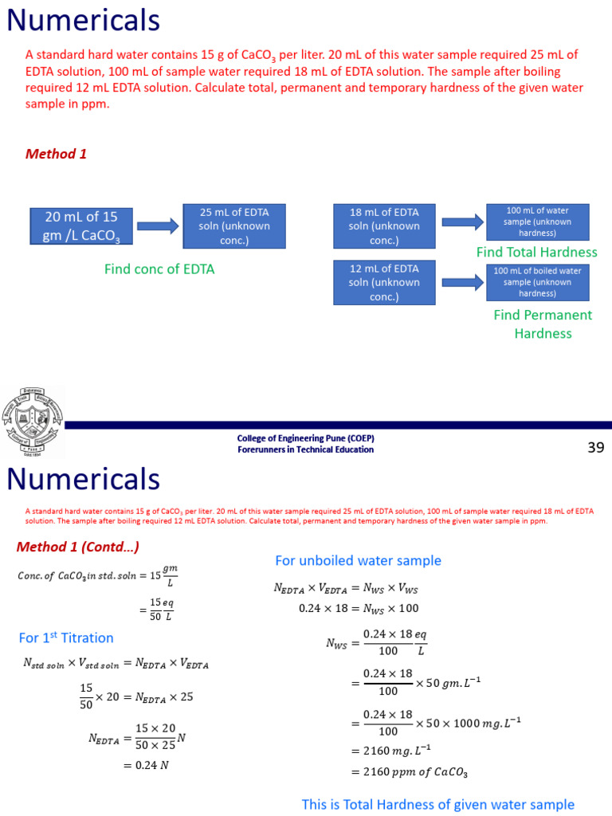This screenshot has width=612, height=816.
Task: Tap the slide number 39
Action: [596, 447]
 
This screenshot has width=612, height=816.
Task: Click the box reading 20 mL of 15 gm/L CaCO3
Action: [81, 226]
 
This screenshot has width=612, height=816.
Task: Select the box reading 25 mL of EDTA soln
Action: [234, 226]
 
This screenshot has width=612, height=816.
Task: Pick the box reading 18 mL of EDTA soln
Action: [384, 226]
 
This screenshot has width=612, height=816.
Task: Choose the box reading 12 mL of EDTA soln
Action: [384, 282]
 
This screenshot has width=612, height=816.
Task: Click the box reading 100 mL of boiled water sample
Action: [538, 282]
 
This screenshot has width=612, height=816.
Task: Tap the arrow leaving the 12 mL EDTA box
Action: [462, 282]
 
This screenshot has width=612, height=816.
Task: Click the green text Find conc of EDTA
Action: [159, 269]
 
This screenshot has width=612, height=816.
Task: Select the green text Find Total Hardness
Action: [536, 252]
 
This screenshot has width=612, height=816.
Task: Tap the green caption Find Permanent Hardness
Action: [543, 324]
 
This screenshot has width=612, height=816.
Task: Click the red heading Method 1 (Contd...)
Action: [78, 547]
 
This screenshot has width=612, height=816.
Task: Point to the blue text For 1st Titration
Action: [66, 637]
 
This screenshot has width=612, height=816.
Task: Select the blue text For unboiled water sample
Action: [358, 560]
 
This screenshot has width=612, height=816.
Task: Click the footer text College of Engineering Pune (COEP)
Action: [306, 438]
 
